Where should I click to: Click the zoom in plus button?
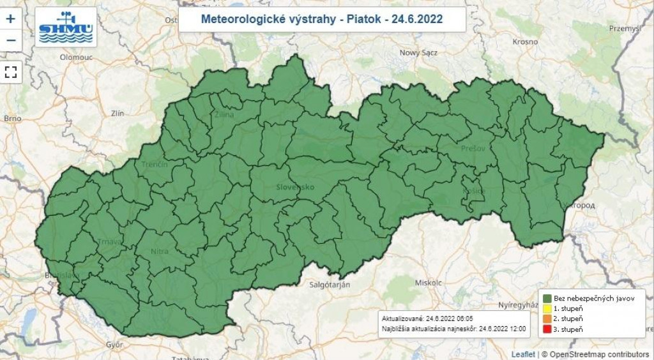point(10,19)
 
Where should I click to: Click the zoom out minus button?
point(10,41)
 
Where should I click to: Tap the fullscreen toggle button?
point(10,71)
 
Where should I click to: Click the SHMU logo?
point(66,27)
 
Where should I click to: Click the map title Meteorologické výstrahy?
point(322,19)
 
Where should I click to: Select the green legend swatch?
point(547,298)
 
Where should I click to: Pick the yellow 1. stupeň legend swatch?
point(547,308)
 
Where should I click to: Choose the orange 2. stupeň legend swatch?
point(547,319)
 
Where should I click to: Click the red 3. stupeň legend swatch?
point(547,329)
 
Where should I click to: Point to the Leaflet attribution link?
point(523,354)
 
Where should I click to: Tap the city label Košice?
point(475,190)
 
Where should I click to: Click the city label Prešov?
point(473,149)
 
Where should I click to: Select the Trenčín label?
point(155,165)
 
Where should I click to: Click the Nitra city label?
point(160,251)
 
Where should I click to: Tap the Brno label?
point(13,119)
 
